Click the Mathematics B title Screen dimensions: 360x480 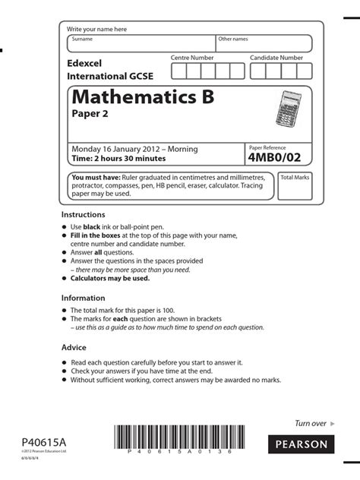142,98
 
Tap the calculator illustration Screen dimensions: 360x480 289,109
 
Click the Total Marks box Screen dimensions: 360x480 295,186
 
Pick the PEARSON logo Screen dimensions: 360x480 298,444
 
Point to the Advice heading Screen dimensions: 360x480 74,347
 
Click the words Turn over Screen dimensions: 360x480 310,423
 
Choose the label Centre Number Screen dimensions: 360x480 192,58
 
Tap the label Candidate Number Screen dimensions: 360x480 276,58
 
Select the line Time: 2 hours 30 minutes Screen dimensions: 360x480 118,159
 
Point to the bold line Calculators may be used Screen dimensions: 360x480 110,278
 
